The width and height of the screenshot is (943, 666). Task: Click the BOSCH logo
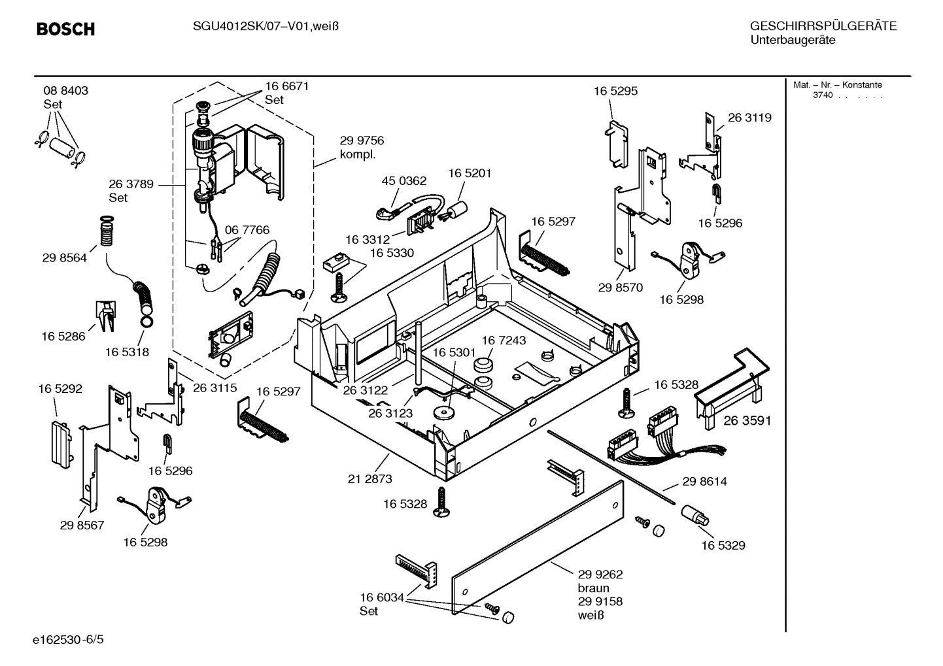pyautogui.click(x=65, y=29)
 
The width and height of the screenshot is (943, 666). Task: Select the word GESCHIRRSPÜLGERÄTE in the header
pyautogui.click(x=823, y=26)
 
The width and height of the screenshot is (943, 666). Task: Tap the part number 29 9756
pyautogui.click(x=362, y=141)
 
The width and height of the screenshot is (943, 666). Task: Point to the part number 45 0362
pyautogui.click(x=403, y=181)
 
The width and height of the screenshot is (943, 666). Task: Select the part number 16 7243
pyautogui.click(x=504, y=341)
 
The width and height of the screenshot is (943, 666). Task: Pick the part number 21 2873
pyautogui.click(x=369, y=479)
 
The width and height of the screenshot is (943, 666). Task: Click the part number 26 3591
pyautogui.click(x=747, y=421)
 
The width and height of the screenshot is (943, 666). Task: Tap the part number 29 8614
pyautogui.click(x=704, y=482)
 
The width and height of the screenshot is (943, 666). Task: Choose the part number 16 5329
pyautogui.click(x=723, y=545)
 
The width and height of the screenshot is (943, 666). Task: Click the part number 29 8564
pyautogui.click(x=64, y=258)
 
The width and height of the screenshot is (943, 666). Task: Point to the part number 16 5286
pyautogui.click(x=63, y=336)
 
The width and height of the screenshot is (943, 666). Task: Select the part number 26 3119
pyautogui.click(x=749, y=118)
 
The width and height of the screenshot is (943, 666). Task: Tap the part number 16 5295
pyautogui.click(x=615, y=91)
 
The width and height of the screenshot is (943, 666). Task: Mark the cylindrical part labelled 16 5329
pyautogui.click(x=694, y=516)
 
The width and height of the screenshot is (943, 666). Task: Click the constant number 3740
pyautogui.click(x=822, y=95)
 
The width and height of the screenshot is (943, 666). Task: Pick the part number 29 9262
pyautogui.click(x=600, y=574)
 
